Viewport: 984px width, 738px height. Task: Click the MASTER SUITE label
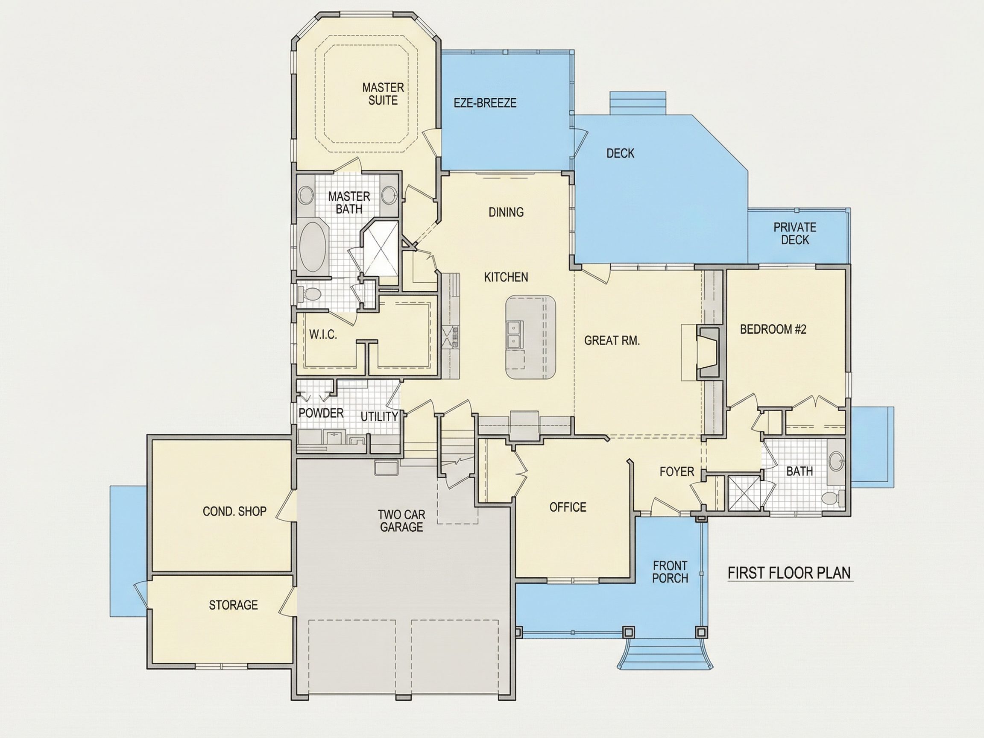pos(383,94)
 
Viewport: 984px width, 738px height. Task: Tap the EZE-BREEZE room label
pos(485,103)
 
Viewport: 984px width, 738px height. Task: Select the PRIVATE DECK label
pos(795,234)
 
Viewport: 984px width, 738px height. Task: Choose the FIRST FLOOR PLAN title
pos(790,573)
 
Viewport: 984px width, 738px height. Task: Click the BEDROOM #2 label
pos(773,329)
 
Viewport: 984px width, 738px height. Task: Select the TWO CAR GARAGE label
pos(401,521)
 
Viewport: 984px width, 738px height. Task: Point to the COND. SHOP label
pos(234,512)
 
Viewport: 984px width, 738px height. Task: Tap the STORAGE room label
pos(234,605)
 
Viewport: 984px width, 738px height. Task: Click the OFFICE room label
pos(568,507)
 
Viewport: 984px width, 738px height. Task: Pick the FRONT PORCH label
pos(671,572)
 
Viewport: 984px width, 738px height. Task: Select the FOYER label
pos(677,471)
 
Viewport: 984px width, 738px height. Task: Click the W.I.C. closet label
pos(323,334)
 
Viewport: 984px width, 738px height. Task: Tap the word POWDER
pos(321,413)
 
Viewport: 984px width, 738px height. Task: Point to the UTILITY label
pos(379,417)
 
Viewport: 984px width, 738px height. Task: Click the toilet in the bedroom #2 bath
pos(832,498)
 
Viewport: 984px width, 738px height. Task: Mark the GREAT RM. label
pos(612,341)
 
